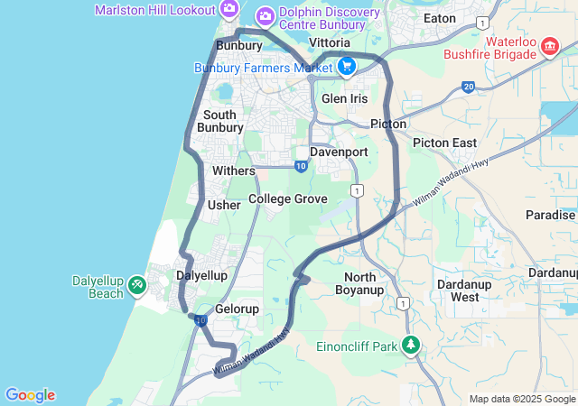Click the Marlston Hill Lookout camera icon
coord(229,10)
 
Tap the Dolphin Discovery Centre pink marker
coord(265,14)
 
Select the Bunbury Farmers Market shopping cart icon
coord(346,66)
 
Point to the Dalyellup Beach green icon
coord(136,285)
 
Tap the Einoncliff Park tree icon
coord(411,345)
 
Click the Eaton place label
coord(440,17)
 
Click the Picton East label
coord(444,143)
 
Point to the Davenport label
coord(339,152)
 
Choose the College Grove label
coord(288,198)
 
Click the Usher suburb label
coord(224,205)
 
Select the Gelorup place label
coord(237,309)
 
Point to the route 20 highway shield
coord(468,87)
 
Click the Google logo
coord(30,395)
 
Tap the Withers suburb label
coord(234,170)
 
